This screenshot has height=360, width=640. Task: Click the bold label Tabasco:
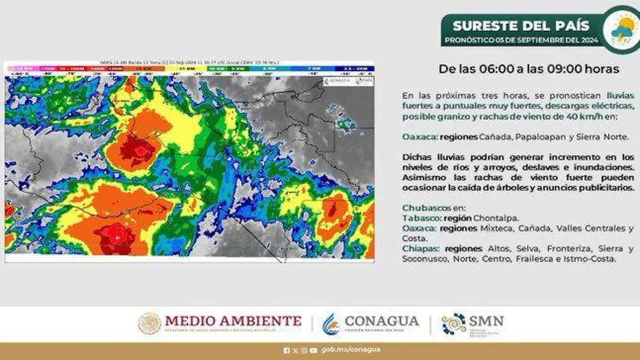[419, 218]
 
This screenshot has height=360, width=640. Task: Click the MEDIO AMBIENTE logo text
[233, 321]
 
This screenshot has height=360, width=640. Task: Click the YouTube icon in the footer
[313, 350]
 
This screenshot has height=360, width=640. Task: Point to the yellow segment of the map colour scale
[186, 68]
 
